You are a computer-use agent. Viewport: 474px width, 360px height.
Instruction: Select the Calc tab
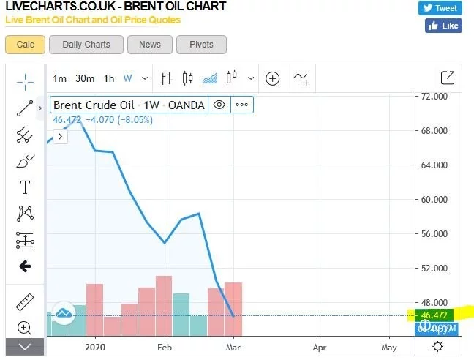(x=25, y=45)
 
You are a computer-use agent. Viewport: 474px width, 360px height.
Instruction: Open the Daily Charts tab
(x=86, y=45)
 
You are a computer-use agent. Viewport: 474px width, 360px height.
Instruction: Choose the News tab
(x=149, y=45)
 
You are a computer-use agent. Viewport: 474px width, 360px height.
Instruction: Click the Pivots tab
(x=201, y=45)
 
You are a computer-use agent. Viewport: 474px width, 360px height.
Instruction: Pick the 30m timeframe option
(x=85, y=78)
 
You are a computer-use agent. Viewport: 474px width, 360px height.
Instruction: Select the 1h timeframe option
(x=108, y=78)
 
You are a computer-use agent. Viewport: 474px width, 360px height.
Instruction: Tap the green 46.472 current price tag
(x=435, y=315)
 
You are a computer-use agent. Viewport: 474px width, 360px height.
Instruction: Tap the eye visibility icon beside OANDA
(x=219, y=105)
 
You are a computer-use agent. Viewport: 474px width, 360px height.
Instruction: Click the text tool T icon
(x=25, y=187)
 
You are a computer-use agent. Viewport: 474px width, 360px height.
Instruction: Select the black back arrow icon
(x=25, y=266)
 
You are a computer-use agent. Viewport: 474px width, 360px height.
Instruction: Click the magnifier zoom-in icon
(x=25, y=328)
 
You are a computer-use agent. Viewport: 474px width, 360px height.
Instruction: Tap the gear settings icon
(x=437, y=347)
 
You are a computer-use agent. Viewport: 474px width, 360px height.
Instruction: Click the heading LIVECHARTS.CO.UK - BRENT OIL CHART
(x=116, y=7)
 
